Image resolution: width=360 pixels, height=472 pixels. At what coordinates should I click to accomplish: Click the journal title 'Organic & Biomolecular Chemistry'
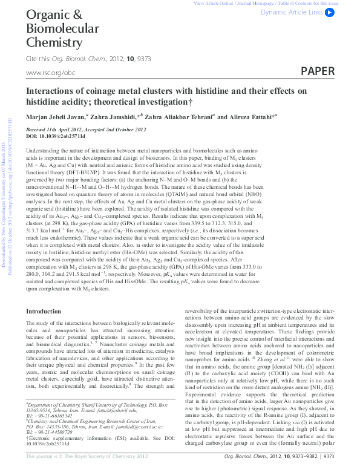[62, 28]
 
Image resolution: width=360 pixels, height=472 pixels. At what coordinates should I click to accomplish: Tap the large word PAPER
[317, 71]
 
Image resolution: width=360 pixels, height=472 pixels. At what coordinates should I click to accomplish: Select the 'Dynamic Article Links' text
[292, 12]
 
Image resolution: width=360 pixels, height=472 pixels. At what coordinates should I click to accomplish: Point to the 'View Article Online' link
[214, 3]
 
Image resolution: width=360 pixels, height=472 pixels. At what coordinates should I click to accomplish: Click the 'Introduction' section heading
[44, 311]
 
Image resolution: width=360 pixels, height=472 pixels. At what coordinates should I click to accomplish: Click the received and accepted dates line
[85, 129]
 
